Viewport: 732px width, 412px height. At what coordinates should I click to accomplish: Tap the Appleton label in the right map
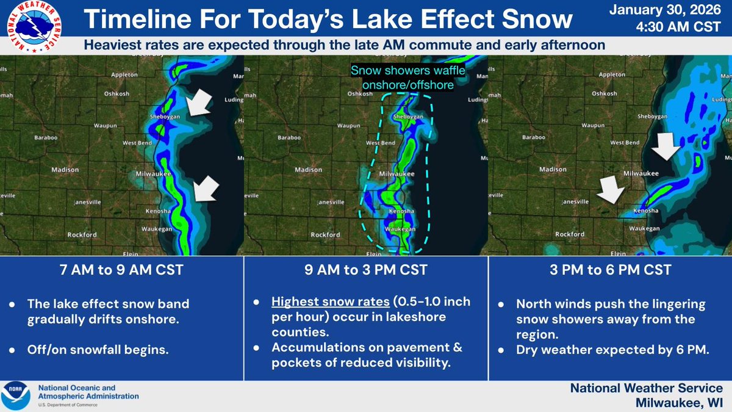(x=612, y=74)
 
